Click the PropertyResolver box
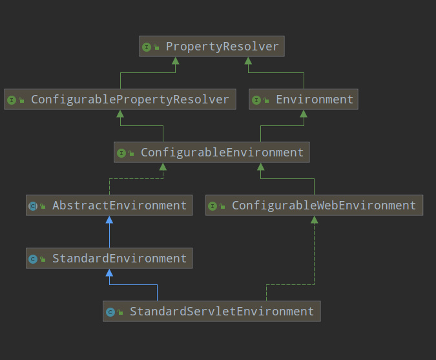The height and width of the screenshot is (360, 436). coord(212,46)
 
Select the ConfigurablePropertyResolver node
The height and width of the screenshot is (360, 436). coord(120,100)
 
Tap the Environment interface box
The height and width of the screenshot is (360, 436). coord(304,100)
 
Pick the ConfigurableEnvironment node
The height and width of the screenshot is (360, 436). coord(212,152)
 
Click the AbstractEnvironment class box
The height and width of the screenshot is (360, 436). coord(109,206)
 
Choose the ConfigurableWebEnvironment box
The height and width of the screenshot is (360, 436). coord(314,206)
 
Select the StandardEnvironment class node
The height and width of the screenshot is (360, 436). coord(109,258)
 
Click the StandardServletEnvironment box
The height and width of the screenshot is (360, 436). coord(212,312)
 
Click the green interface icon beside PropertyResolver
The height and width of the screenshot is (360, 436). coord(147,47)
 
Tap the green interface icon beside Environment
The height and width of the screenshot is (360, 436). coord(256,100)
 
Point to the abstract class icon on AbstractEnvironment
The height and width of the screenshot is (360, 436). coord(33,206)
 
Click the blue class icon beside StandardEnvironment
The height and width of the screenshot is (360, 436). coord(33,259)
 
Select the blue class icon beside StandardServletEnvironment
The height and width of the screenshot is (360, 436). coord(110,312)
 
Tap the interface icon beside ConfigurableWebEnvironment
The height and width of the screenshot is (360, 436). coord(213,206)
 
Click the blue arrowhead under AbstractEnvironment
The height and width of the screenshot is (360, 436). coord(109,220)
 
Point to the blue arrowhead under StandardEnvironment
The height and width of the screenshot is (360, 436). coord(109,273)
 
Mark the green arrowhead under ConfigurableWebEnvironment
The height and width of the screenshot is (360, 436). coord(314,220)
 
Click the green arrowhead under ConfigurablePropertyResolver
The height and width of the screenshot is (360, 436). coord(120,114)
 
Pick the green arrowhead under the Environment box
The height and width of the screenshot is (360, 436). coord(304,114)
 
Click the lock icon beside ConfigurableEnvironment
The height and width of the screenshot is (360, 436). coord(131,153)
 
